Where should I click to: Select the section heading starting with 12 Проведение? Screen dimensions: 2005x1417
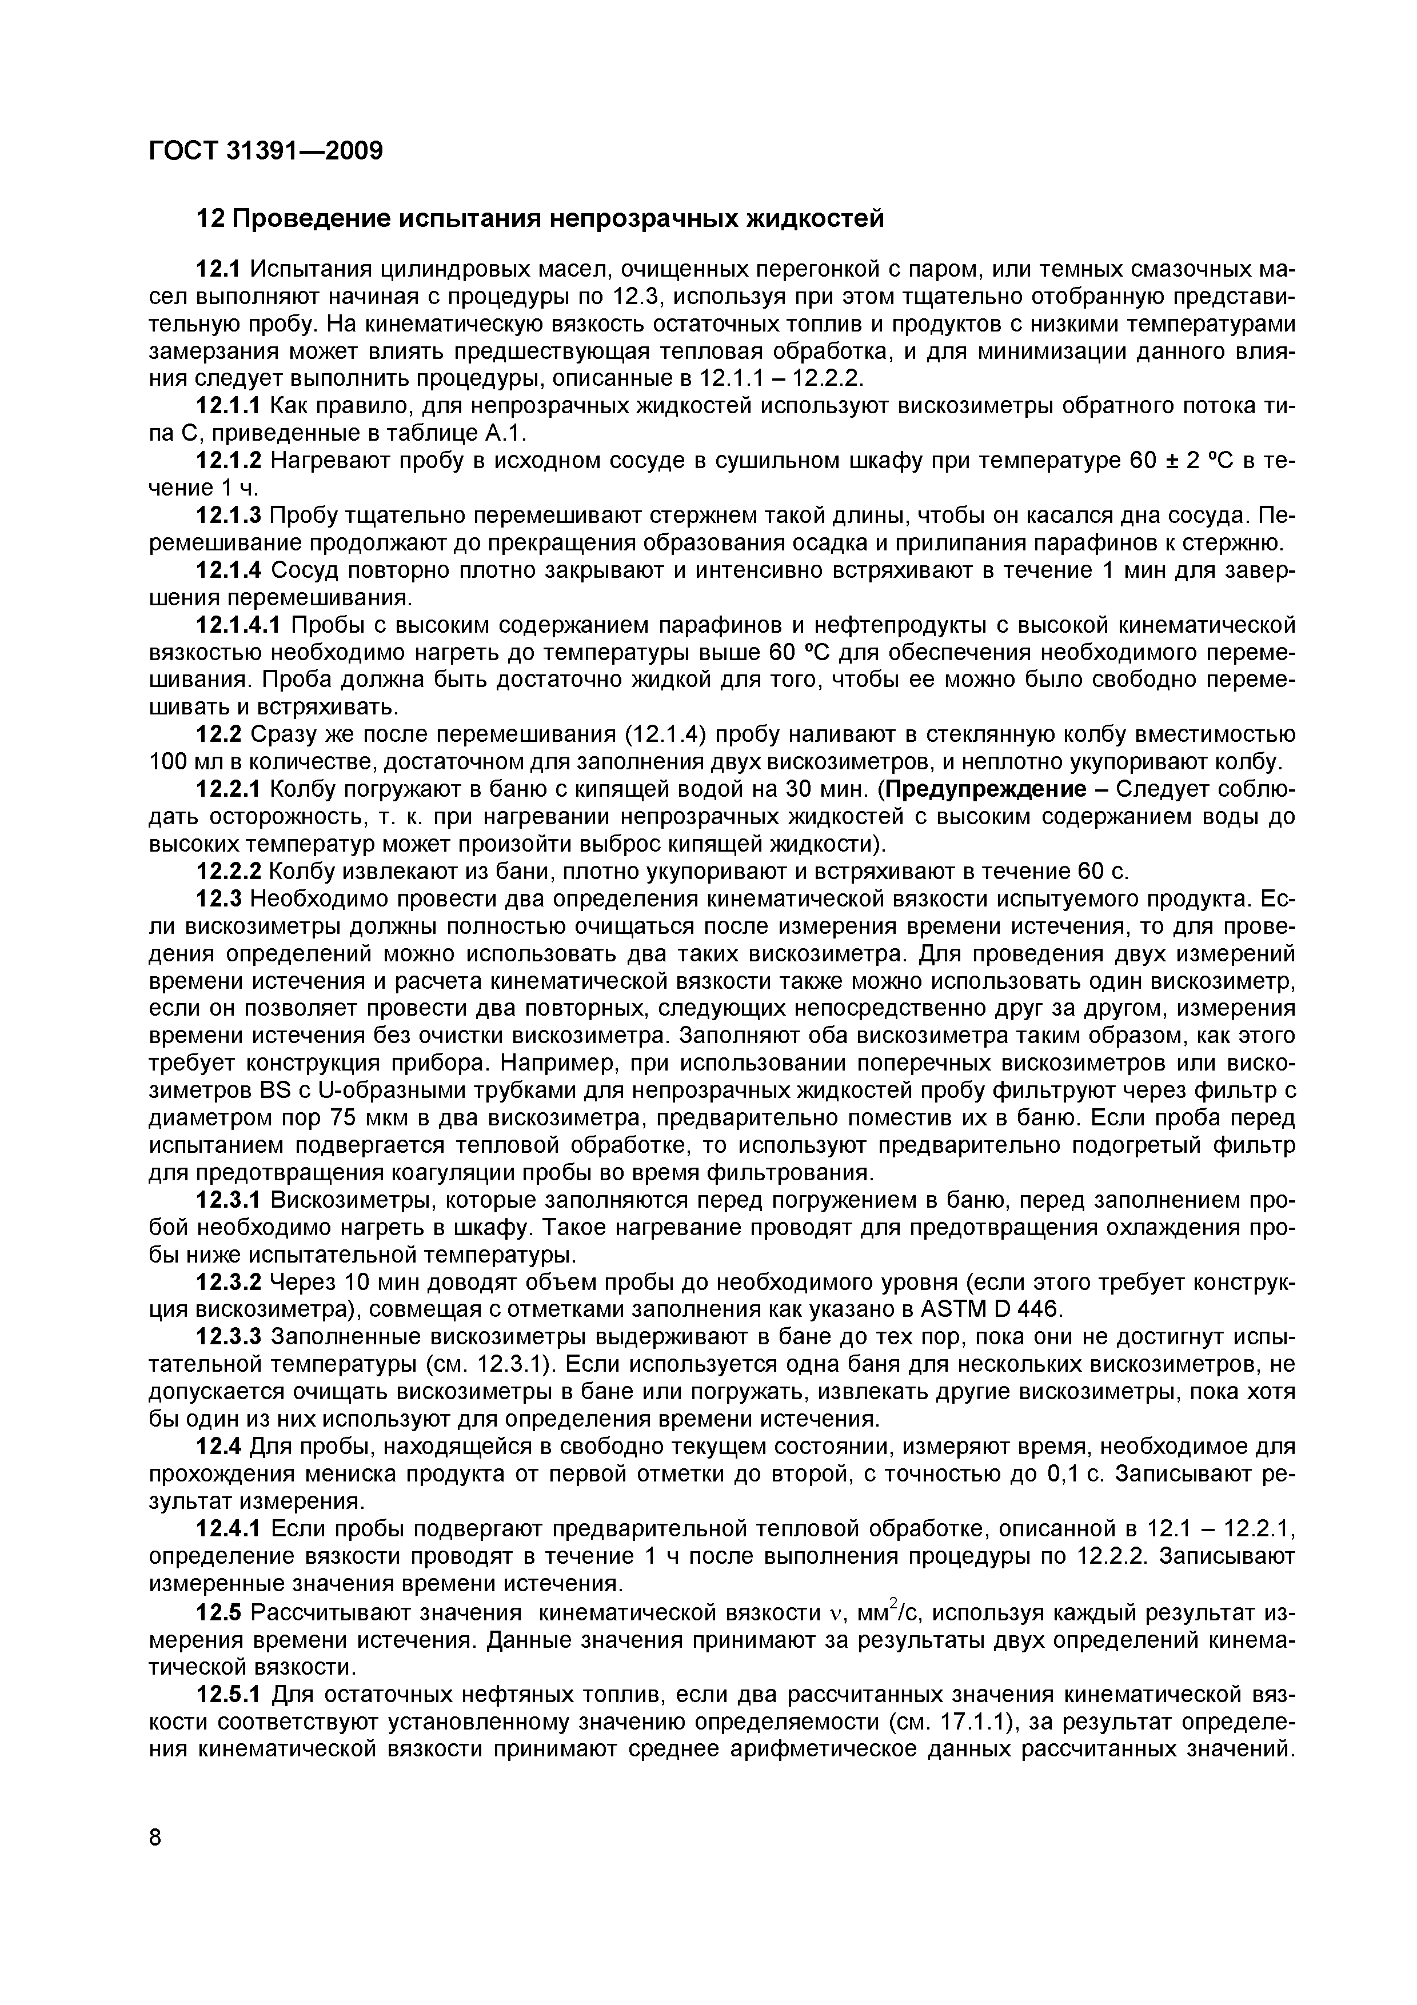click(540, 218)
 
